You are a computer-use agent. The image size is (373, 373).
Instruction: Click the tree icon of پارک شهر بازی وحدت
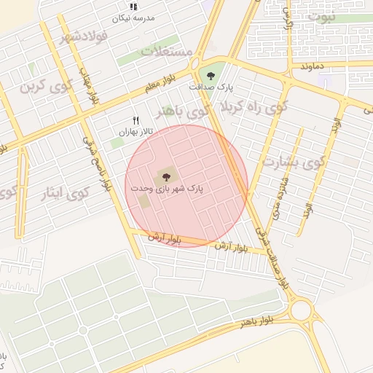coord(165,176)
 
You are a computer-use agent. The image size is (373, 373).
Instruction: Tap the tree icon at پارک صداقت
coord(211,75)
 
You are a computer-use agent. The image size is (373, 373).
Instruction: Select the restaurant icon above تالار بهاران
coord(135,120)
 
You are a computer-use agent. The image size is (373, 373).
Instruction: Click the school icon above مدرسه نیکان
coord(133,7)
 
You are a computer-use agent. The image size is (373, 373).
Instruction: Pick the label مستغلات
coord(166,52)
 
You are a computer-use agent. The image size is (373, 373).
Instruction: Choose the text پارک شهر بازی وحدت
coord(167,188)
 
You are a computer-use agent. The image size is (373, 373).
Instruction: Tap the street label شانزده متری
coord(277,198)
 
